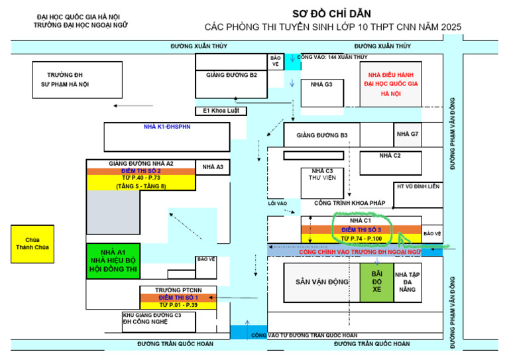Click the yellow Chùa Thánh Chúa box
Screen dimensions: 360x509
[32, 244]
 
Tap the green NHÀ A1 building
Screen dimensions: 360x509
[113, 261]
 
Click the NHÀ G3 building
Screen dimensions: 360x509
[323, 91]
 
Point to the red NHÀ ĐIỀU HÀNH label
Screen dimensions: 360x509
[390, 76]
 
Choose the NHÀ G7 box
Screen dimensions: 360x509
[408, 135]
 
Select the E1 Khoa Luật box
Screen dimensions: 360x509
[220, 111]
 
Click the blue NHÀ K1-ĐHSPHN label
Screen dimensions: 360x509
[167, 126]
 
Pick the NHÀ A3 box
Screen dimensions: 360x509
[213, 167]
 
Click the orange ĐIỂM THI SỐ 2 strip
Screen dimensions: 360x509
[141, 171]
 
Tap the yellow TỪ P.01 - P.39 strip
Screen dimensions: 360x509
[178, 305]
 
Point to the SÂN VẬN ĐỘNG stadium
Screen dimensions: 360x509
[322, 282]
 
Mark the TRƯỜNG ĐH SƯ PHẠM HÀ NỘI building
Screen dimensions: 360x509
[64, 80]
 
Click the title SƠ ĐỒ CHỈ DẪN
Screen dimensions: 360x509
[332, 13]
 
